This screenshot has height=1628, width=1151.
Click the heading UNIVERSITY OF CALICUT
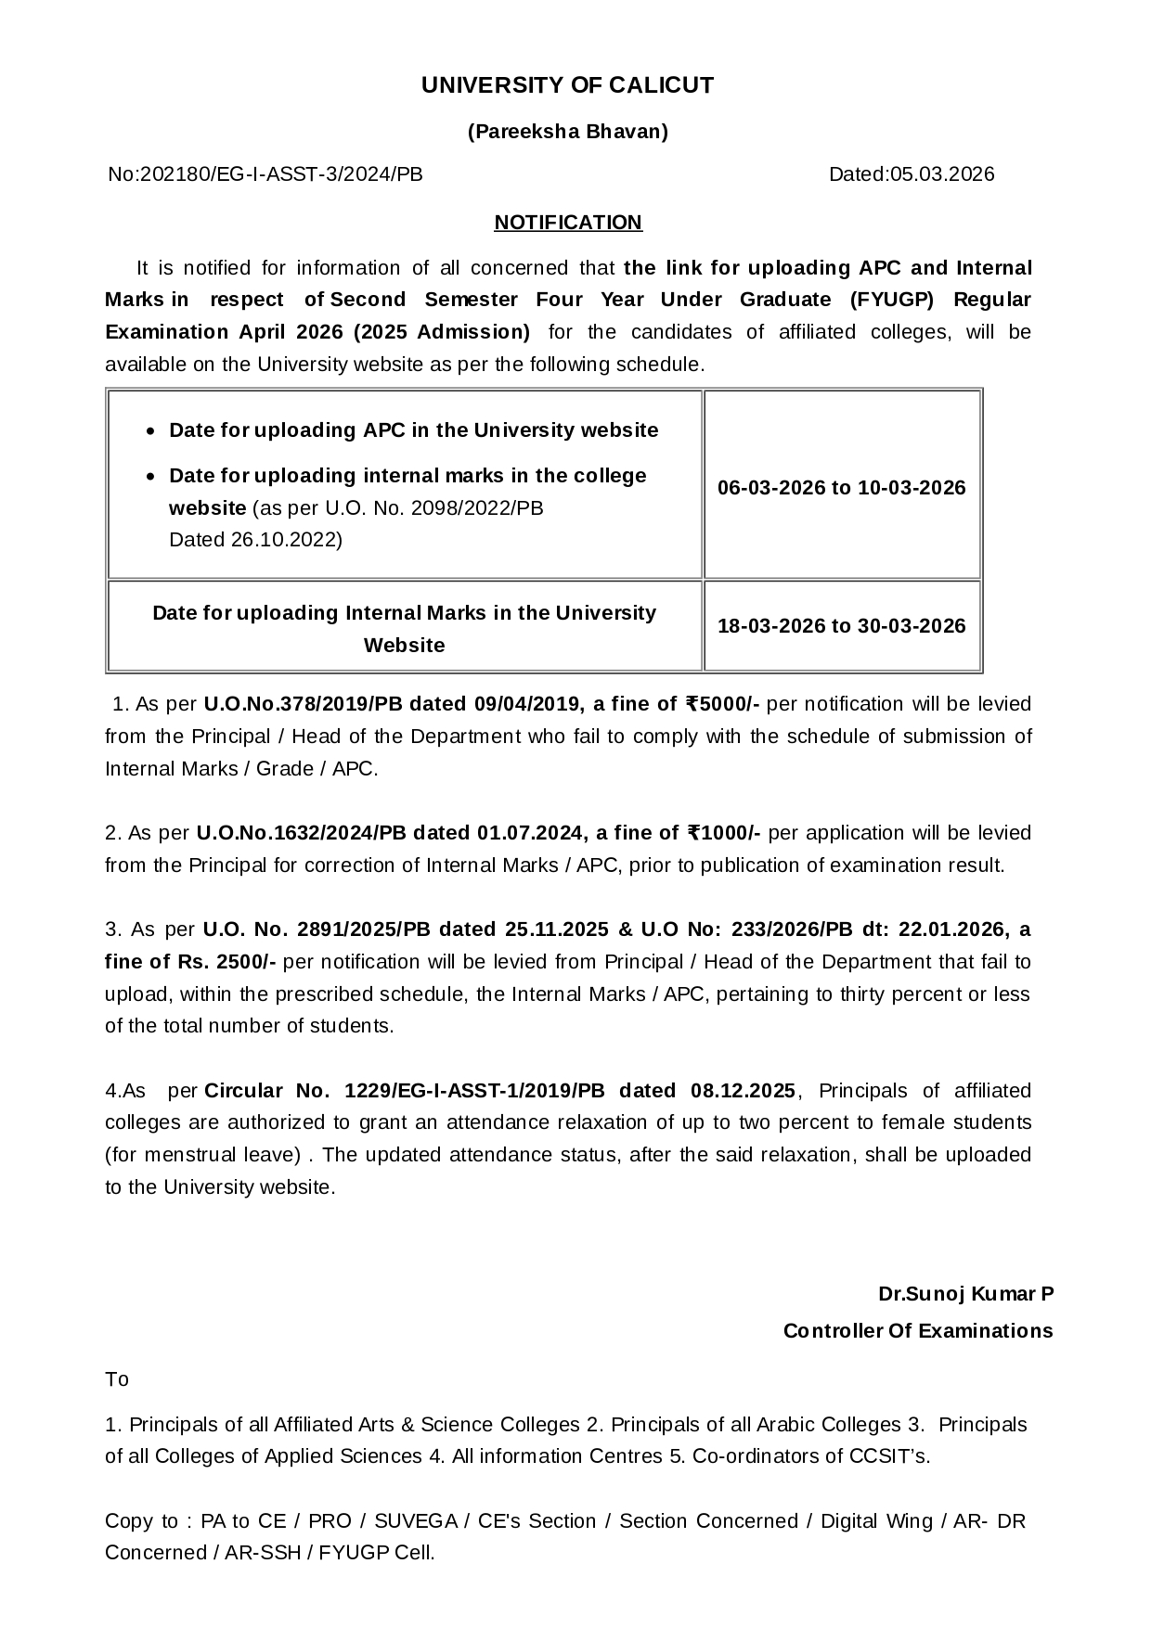click(x=567, y=85)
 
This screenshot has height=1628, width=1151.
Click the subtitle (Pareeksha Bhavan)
click(x=567, y=132)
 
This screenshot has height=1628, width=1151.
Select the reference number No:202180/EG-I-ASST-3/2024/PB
click(x=265, y=174)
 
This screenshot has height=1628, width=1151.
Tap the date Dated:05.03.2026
click(x=911, y=174)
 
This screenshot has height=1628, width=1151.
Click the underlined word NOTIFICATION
click(x=567, y=223)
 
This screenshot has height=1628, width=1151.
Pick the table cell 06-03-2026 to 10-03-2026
click(x=841, y=488)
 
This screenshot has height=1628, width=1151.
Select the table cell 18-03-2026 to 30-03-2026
click(x=841, y=626)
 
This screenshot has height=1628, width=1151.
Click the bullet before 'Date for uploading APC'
click(x=151, y=431)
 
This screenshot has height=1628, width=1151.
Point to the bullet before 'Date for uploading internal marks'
click(x=151, y=477)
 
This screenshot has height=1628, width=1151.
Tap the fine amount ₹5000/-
click(x=722, y=704)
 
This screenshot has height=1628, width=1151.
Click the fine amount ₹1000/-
click(x=723, y=833)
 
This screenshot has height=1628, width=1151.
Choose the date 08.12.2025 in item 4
click(x=743, y=1091)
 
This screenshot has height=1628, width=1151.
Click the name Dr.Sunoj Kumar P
click(x=965, y=1294)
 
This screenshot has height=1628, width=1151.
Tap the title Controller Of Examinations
click(x=917, y=1331)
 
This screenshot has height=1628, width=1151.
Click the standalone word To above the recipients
click(x=117, y=1379)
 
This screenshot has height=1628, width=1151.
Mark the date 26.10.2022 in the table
click(x=284, y=540)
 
